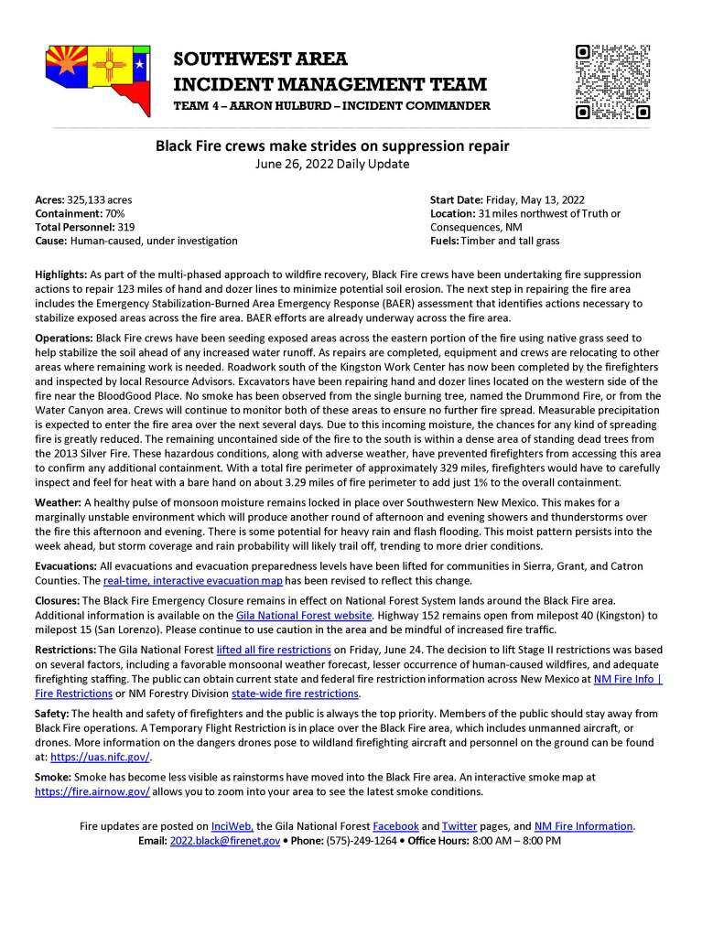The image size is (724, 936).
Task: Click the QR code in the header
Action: click(x=612, y=81)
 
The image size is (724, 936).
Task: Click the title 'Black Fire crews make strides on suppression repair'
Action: click(x=331, y=145)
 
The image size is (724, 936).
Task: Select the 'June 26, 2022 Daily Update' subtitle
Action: click(x=331, y=164)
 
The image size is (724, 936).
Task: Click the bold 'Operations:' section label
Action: click(x=64, y=338)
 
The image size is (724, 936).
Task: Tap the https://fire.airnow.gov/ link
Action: click(x=92, y=791)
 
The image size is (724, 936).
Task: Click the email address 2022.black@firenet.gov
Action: click(x=224, y=839)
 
